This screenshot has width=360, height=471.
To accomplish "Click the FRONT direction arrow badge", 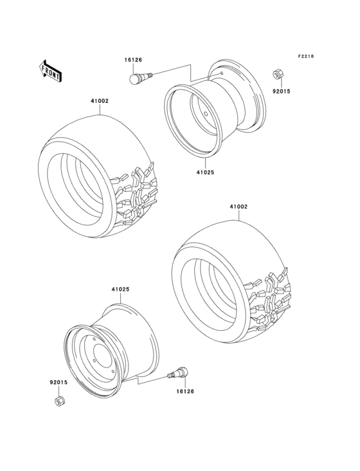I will (x=51, y=69).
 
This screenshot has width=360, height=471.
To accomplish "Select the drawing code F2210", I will (x=306, y=57).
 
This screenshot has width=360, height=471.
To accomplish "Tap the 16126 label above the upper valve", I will (x=133, y=60).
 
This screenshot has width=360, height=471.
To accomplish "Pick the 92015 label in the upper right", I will (x=282, y=91).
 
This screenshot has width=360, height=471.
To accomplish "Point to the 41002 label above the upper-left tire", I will (x=99, y=100).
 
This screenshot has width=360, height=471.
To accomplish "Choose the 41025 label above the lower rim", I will (x=120, y=290).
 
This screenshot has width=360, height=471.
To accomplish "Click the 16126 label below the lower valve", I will (x=186, y=391).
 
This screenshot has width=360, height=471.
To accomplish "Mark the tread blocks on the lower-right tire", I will (x=273, y=299).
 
